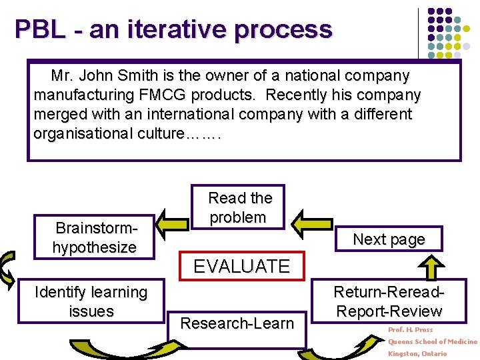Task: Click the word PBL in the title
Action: pos(40,29)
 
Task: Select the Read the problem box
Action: pos(238,207)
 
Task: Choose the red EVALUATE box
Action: pos(241,267)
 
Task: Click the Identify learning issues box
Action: pos(91,302)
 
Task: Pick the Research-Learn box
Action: pos(237,324)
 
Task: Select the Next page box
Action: pos(389,239)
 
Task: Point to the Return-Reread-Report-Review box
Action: pos(389,302)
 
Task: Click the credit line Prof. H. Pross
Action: pos(411,330)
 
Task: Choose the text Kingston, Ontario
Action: pos(417,353)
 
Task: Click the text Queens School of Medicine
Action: pos(433,342)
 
